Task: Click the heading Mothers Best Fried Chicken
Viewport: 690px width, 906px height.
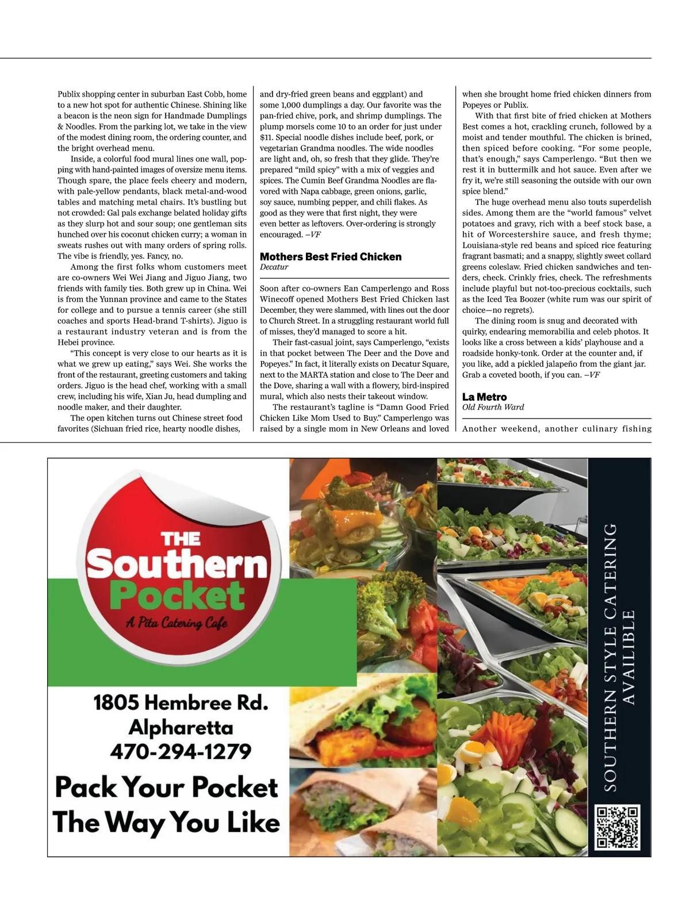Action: click(x=331, y=257)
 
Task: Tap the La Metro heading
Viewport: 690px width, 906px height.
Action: click(x=484, y=397)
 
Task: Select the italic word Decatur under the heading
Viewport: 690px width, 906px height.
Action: click(x=274, y=267)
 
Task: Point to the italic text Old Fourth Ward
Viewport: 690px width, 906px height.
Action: click(x=493, y=407)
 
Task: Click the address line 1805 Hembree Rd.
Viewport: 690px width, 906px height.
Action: click(x=181, y=702)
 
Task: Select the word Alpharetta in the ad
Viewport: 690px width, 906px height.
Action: click(x=181, y=727)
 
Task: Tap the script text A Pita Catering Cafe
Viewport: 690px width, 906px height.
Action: click(x=177, y=624)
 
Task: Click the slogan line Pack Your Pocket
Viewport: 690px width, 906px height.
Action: click(x=167, y=786)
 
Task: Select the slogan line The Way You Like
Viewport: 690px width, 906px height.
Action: click(x=167, y=822)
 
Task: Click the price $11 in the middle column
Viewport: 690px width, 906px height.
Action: click(x=266, y=137)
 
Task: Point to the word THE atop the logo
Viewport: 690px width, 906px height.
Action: click(x=181, y=539)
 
